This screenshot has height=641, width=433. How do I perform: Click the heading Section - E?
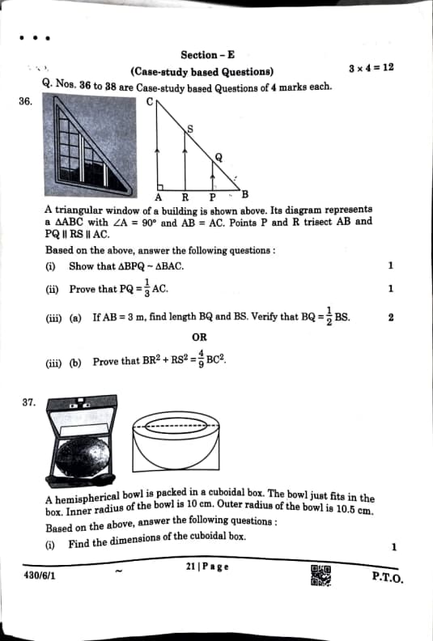[x=208, y=55]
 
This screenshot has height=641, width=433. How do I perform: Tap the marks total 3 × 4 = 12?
[x=371, y=68]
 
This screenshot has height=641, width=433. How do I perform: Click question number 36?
[x=25, y=101]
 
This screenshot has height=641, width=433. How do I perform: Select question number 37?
[x=29, y=402]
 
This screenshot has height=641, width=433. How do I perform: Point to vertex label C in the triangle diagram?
[x=150, y=101]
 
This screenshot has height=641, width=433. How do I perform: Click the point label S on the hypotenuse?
[x=190, y=129]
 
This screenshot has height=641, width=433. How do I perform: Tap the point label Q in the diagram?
[x=219, y=157]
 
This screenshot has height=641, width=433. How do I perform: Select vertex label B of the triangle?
[x=245, y=194]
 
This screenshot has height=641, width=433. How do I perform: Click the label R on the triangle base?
[x=185, y=197]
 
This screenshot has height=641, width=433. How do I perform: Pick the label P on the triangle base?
[x=213, y=197]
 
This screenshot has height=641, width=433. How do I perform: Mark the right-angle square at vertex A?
[x=160, y=187]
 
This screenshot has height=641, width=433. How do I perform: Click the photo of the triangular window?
[x=91, y=145]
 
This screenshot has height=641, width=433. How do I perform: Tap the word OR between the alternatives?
[x=200, y=337]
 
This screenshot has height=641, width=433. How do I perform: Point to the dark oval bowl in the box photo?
[x=83, y=456]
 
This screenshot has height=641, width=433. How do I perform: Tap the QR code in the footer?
[x=321, y=575]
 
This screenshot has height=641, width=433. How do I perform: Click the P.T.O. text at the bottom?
[x=388, y=577]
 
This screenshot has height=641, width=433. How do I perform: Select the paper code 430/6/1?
[x=40, y=575]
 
